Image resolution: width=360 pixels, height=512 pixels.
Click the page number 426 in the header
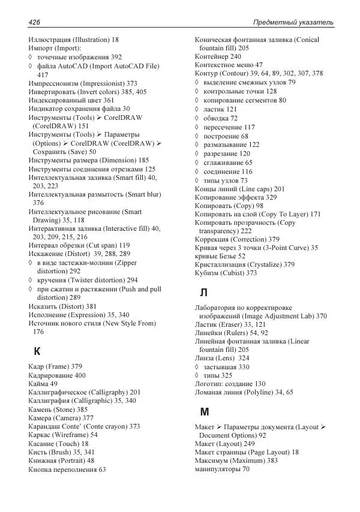click(34, 22)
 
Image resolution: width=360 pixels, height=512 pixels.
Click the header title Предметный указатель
click(293, 22)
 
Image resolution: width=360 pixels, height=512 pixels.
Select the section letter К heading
click(37, 351)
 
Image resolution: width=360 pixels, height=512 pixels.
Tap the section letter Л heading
click(204, 293)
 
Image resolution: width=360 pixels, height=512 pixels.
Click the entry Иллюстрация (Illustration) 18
click(73, 40)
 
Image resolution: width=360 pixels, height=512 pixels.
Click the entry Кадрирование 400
click(57, 375)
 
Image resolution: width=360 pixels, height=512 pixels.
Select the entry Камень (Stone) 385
click(58, 409)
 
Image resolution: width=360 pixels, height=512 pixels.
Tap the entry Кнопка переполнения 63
click(67, 469)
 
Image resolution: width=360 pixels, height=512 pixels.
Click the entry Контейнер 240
click(218, 56)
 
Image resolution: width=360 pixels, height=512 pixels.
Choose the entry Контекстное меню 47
click(229, 65)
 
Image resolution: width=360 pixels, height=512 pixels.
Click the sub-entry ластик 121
click(221, 109)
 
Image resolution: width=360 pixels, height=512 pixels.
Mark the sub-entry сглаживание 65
click(228, 162)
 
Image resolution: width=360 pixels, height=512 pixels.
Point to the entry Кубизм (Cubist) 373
click(226, 273)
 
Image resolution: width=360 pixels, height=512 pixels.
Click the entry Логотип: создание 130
click(230, 384)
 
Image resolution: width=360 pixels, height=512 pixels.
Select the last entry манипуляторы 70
click(223, 469)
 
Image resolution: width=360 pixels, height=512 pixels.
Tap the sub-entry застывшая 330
click(226, 367)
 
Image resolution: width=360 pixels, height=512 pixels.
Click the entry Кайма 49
click(43, 384)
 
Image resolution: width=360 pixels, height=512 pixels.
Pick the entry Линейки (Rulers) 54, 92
click(232, 332)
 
